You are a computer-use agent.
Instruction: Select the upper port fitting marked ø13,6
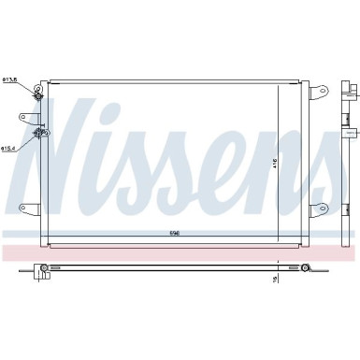[x=39, y=94]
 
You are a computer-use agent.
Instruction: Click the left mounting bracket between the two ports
[x=27, y=118]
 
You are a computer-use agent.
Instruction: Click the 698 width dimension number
[x=174, y=233]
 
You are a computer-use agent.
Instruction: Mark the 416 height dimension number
[x=300, y=164]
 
